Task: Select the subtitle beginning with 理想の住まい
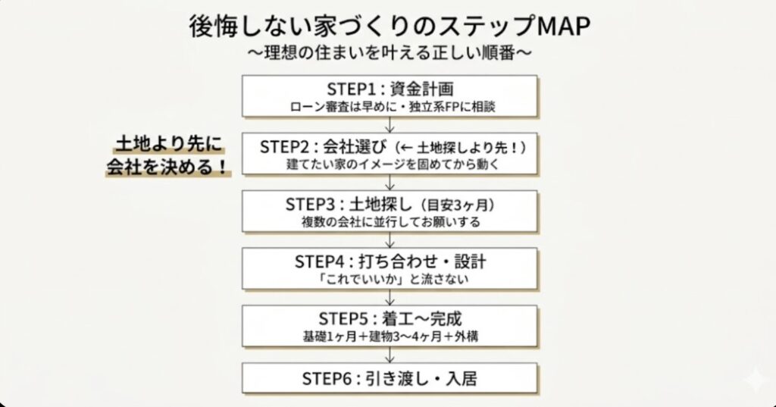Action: tap(388, 55)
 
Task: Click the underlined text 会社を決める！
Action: tap(167, 167)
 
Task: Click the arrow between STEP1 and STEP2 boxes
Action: tap(390, 124)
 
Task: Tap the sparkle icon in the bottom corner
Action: tap(755, 381)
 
